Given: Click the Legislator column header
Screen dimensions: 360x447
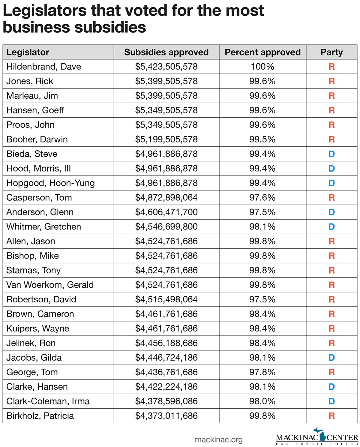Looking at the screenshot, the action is point(28,52).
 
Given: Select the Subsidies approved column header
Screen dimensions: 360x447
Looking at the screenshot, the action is point(166,52).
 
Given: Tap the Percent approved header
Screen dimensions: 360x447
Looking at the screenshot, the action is point(262,52).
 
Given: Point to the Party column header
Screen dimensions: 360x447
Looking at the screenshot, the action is point(331,52).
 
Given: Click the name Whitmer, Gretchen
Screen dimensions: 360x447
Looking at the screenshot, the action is point(43,226).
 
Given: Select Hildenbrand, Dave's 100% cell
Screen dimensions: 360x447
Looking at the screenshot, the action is point(262,67).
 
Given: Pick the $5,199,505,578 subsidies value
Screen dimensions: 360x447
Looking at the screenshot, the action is point(166,139).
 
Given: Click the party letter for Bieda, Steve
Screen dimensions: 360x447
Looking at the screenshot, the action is point(331,154).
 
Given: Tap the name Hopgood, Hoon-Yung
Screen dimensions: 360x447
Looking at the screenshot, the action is point(50,183).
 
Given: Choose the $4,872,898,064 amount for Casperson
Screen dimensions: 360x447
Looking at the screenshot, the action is point(166,197).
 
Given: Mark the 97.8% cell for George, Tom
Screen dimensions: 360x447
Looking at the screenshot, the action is point(262,372).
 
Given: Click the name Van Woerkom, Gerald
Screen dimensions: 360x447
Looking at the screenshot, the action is point(50,285).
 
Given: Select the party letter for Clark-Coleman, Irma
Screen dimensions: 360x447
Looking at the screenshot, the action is point(331,401).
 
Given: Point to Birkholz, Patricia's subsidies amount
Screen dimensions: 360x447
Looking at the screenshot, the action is point(166,415).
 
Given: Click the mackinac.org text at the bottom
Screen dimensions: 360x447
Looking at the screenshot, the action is point(218,439).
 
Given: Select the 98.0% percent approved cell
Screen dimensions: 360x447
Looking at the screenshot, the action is point(262,401).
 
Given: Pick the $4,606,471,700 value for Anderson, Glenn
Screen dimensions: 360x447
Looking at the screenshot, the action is point(166,212).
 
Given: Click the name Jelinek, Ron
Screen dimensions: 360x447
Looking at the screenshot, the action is point(31,343).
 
